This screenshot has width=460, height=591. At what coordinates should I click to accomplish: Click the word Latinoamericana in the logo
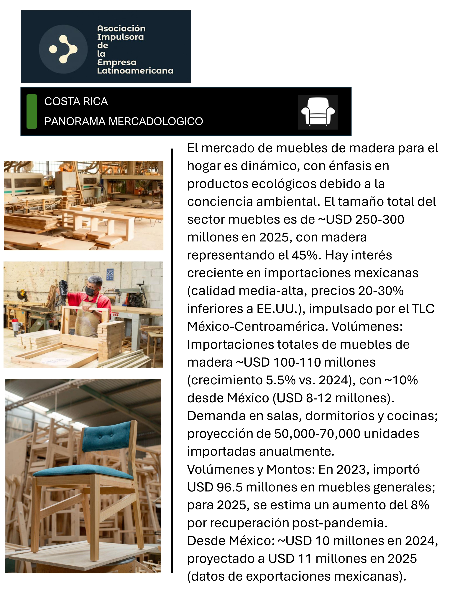[x=135, y=71]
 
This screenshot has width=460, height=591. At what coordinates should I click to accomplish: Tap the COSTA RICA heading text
[x=76, y=102]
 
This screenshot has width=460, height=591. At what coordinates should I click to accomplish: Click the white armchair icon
[x=318, y=112]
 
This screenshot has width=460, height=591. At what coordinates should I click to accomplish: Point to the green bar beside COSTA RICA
[x=32, y=111]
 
